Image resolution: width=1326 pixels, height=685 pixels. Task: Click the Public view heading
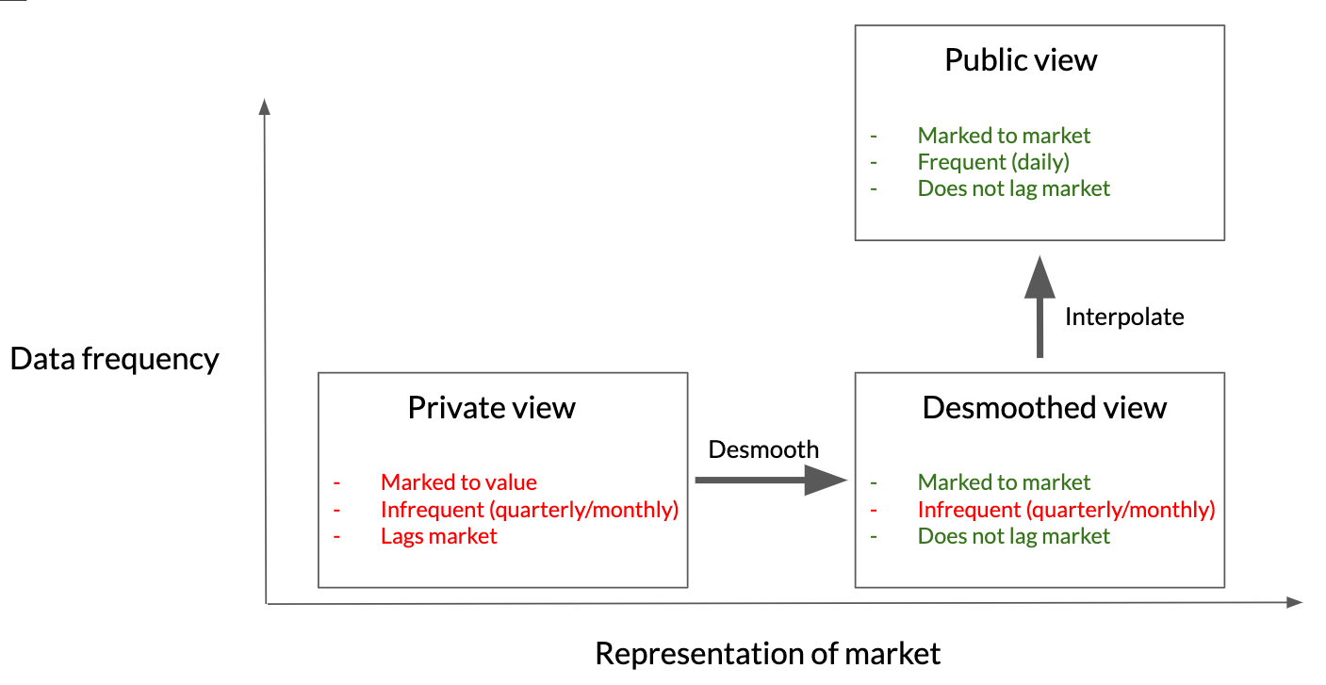click(x=1021, y=60)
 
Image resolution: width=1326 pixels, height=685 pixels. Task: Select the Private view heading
click(x=491, y=408)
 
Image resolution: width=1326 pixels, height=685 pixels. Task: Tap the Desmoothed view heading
click(x=1044, y=408)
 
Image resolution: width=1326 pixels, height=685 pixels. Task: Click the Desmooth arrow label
click(x=763, y=450)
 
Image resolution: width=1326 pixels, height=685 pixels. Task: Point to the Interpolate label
click(x=1124, y=318)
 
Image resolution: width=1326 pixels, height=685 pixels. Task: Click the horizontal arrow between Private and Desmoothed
click(x=771, y=480)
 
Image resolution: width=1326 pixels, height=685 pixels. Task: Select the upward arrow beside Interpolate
click(x=1040, y=306)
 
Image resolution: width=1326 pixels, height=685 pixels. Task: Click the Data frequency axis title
click(x=114, y=359)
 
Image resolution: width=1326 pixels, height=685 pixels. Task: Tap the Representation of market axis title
click(x=768, y=654)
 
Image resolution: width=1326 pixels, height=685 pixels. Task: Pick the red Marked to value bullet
click(x=459, y=482)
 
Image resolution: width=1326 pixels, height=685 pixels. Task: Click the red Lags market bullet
click(x=438, y=536)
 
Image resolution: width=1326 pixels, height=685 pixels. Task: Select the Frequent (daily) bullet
click(x=993, y=162)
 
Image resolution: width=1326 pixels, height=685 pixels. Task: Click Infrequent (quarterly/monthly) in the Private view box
click(x=530, y=510)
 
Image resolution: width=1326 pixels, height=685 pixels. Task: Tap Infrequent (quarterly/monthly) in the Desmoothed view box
click(x=1066, y=510)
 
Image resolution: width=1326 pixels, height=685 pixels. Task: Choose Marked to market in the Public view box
click(x=1004, y=136)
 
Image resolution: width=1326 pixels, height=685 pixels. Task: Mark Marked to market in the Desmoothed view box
click(x=1004, y=482)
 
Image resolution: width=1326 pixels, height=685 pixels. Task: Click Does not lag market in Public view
click(x=1013, y=188)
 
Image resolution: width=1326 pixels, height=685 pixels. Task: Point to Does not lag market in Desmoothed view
click(x=1013, y=536)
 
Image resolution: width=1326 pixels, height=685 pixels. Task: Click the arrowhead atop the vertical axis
click(x=265, y=106)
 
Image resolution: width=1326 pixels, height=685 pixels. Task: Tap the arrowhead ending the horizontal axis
click(x=1295, y=602)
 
